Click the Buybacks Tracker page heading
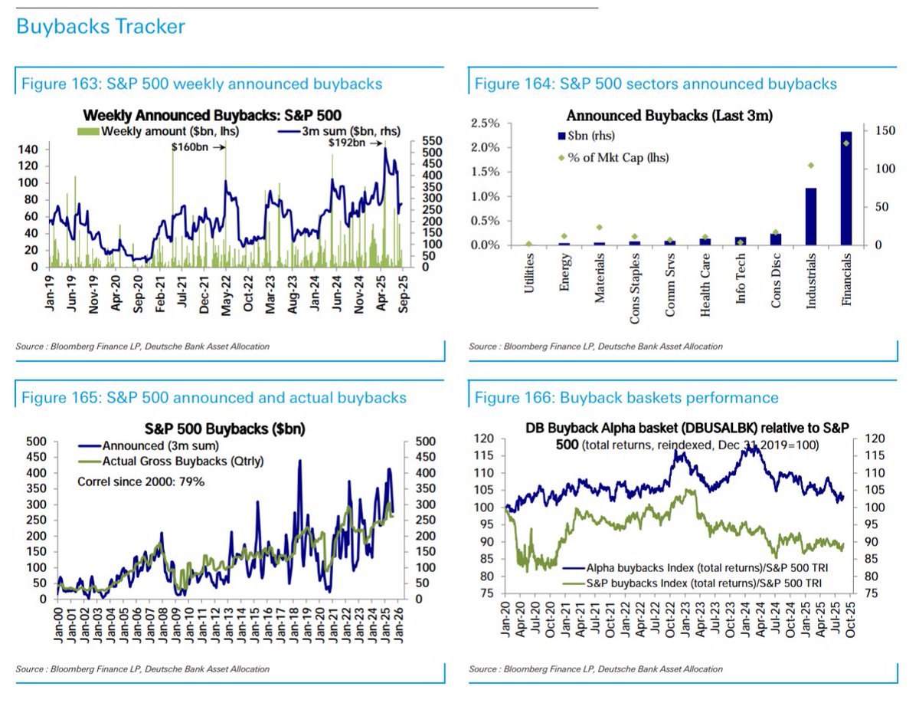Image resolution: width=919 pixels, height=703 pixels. click(100, 28)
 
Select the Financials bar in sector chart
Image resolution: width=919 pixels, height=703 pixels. click(845, 189)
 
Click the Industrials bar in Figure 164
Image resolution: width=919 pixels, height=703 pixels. click(809, 216)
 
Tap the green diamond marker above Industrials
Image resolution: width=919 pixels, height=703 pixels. click(809, 166)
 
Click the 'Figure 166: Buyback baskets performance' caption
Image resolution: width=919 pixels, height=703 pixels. click(626, 397)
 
